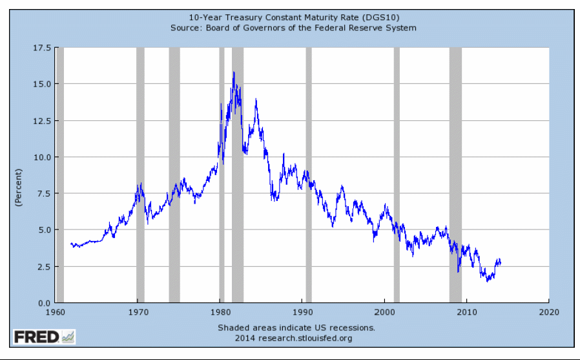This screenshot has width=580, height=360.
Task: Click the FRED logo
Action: (44, 337)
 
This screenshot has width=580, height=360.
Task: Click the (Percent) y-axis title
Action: (19, 187)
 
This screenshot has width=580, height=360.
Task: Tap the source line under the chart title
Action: (293, 28)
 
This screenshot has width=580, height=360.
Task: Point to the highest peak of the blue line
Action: (234, 72)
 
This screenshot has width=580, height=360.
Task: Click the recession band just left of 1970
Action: (140, 175)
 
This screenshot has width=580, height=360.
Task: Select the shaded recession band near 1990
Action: (309, 175)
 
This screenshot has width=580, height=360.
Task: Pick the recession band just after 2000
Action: (397, 175)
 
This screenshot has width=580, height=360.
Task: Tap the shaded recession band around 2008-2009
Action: (455, 175)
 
